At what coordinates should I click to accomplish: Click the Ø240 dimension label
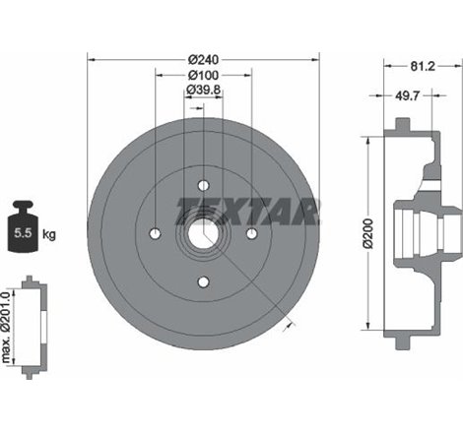(203, 56)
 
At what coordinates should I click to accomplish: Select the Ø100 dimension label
(203, 75)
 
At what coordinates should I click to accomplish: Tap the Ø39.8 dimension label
(203, 93)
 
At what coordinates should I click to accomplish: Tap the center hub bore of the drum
(203, 233)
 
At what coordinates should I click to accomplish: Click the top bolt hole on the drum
(203, 185)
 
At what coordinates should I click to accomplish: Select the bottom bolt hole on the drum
(203, 282)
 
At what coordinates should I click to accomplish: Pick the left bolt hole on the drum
(155, 233)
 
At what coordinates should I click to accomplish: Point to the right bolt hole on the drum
(251, 233)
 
